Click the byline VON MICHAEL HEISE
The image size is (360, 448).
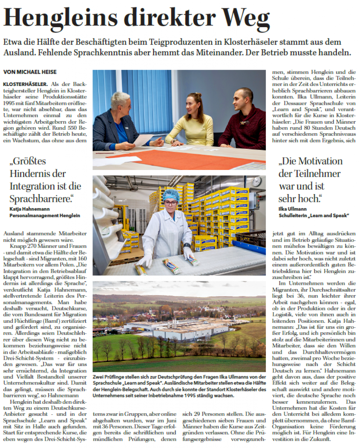30,72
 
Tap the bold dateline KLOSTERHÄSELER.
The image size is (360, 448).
25,84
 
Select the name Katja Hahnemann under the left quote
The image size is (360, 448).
30,209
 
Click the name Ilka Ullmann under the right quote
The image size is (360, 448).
293,209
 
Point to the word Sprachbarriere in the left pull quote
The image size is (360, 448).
40,199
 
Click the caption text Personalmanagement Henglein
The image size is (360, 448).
45,216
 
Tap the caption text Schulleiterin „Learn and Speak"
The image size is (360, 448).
314,216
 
